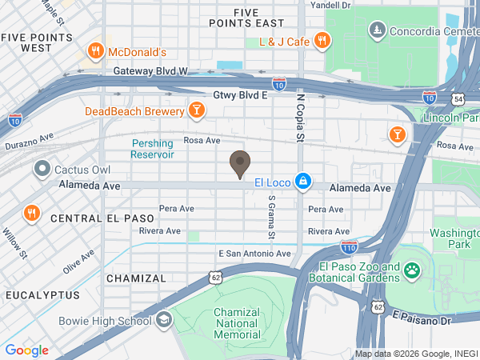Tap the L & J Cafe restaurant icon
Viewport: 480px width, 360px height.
pos(321,40)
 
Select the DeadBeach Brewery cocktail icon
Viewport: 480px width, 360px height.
pos(196,110)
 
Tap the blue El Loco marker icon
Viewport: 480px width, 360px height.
pos(302,182)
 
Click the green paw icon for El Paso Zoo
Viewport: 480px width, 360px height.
pos(412,271)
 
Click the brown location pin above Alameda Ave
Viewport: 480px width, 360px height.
pos(238,164)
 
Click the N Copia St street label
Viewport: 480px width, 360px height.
pos(302,118)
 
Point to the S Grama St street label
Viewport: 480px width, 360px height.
pos(271,218)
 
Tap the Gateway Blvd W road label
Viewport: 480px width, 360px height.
pos(148,71)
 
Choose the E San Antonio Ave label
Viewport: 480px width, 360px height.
pos(255,254)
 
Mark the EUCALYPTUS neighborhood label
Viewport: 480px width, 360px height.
pos(42,295)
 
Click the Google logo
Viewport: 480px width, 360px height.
pos(26,350)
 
